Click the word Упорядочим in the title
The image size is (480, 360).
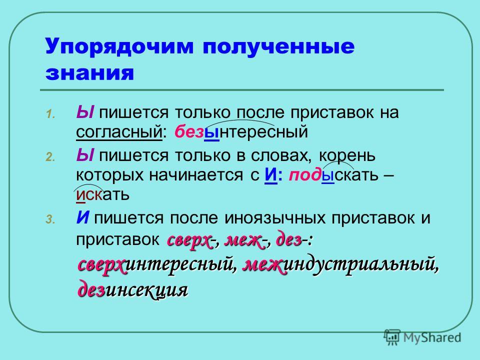coord(119,47)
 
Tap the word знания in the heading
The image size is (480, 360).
coord(89,73)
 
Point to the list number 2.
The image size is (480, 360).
coord(50,157)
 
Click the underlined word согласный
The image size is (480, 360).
coord(119,132)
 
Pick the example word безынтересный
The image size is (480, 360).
coord(241,132)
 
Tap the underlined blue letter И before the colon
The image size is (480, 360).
coord(270,175)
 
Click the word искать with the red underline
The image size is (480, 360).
coord(102,194)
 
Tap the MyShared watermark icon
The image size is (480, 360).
coord(392,337)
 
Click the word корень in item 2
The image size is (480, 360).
coord(347,155)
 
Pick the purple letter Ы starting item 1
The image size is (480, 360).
coord(85,112)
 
